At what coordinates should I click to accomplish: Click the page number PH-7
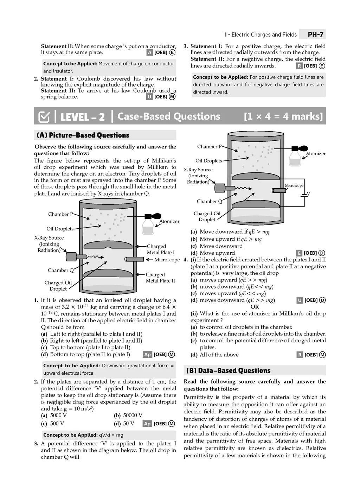(315, 34)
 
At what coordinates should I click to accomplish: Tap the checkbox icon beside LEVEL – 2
(44, 117)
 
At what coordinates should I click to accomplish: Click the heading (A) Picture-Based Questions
(83, 135)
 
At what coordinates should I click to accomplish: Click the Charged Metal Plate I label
(160, 249)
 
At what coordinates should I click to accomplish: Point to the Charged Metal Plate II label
(160, 278)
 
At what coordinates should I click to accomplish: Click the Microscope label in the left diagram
(167, 260)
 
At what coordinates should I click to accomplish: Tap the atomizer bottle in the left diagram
(148, 225)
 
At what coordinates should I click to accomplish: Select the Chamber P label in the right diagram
(210, 147)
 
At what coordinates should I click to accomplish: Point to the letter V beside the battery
(308, 194)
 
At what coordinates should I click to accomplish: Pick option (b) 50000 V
(128, 415)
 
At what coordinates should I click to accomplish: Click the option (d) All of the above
(215, 355)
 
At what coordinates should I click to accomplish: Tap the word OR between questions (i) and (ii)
(255, 307)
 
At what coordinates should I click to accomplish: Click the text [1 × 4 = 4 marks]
(283, 116)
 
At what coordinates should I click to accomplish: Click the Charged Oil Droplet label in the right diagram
(207, 216)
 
